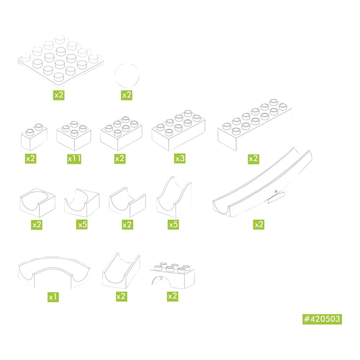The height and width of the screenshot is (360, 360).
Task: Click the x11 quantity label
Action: point(74,158)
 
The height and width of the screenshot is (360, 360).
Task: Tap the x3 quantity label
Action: point(180,158)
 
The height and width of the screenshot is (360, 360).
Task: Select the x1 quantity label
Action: point(53,297)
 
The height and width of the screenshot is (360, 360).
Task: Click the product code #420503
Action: point(322,319)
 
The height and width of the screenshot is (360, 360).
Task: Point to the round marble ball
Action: point(127,75)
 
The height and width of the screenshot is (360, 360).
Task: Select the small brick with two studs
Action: point(34,137)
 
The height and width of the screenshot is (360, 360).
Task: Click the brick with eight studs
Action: point(179,131)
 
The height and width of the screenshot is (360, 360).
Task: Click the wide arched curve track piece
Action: point(54,273)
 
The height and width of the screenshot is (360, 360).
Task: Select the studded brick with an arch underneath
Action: point(172,276)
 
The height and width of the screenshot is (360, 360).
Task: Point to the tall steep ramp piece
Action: point(174,197)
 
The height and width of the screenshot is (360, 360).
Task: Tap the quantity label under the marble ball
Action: point(127,95)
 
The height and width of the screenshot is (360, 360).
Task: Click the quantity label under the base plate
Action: point(59,95)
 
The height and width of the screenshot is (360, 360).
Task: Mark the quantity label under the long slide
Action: point(259,225)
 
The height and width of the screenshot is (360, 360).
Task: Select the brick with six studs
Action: point(121,133)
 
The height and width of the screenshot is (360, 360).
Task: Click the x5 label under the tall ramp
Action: point(173,225)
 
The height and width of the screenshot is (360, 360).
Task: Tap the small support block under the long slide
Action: point(275,198)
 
